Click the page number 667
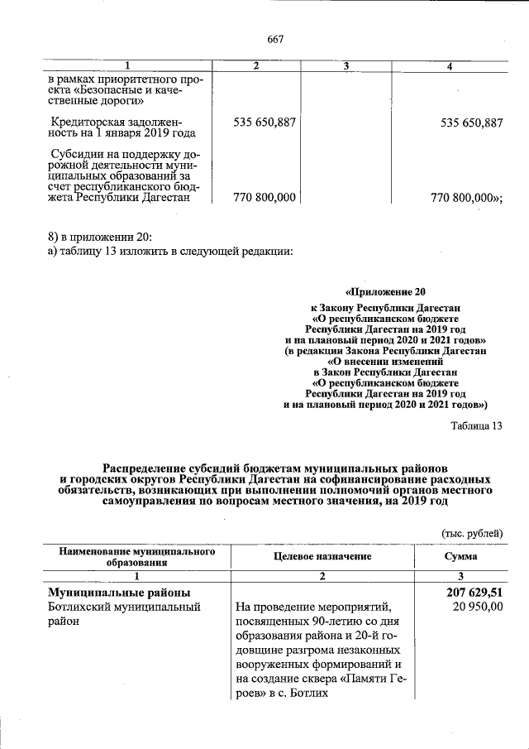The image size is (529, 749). [275, 37]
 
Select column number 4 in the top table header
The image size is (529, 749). [448, 66]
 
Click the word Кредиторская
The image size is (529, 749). [85, 122]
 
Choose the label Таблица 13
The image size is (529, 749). [476, 426]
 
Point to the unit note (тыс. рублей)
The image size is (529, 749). [472, 533]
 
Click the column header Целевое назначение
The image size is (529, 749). [322, 556]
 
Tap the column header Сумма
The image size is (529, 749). [460, 556]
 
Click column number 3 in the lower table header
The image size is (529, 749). [460, 576]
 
